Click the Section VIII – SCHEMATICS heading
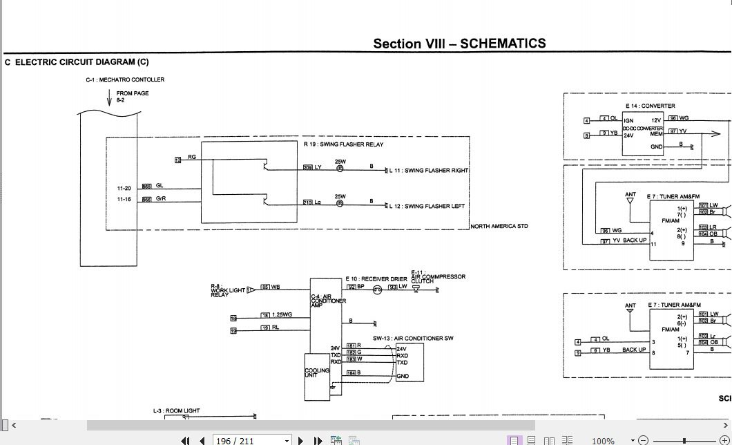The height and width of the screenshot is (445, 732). coord(459,44)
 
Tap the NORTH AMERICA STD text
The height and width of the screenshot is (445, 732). coord(499,226)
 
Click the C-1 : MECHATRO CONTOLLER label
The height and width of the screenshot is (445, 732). coord(125,79)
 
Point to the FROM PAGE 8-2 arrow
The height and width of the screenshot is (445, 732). coord(109,98)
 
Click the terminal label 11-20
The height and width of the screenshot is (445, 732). coord(124,188)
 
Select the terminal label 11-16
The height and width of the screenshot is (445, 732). coord(124,199)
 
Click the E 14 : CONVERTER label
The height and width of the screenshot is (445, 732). coord(650,106)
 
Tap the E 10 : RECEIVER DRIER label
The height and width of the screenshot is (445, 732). coord(376,279)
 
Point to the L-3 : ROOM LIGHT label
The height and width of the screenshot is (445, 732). coord(176,410)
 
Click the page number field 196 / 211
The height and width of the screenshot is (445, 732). coord(235,440)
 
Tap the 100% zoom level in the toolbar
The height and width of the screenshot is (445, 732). coord(603,440)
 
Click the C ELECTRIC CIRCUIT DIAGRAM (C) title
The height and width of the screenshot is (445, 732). coord(77,62)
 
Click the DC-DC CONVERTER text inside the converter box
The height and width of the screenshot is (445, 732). coord(642,129)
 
